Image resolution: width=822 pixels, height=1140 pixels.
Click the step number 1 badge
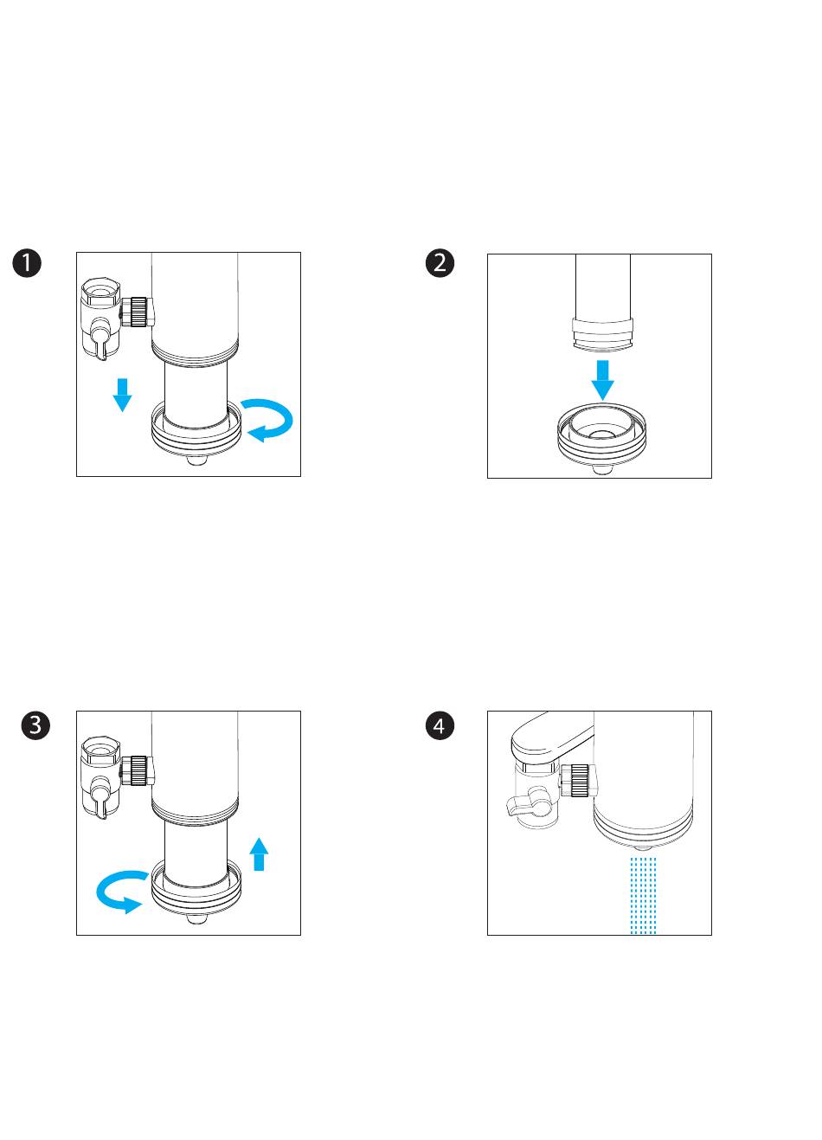coord(27,263)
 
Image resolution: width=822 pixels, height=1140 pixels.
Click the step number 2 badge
coord(440,263)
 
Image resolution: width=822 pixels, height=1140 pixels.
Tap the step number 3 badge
coord(35,725)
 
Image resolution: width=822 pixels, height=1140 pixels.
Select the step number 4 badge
coord(440,725)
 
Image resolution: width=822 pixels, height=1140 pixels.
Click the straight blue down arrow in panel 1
coord(122,395)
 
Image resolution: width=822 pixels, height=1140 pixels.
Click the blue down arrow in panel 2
coord(602,380)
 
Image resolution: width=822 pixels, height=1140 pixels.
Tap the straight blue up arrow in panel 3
coord(259,854)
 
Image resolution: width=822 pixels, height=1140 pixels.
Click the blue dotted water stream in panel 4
coord(643,896)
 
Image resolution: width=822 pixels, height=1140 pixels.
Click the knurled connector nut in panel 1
coord(138,312)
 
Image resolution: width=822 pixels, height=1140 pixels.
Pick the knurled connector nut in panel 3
coord(138,770)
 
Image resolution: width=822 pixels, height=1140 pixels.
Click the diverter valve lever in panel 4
coord(524,803)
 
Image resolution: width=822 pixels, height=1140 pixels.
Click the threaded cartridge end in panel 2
coord(602,334)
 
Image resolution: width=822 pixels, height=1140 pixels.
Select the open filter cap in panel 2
coord(602,439)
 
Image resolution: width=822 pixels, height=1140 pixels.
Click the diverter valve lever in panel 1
coord(100,343)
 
